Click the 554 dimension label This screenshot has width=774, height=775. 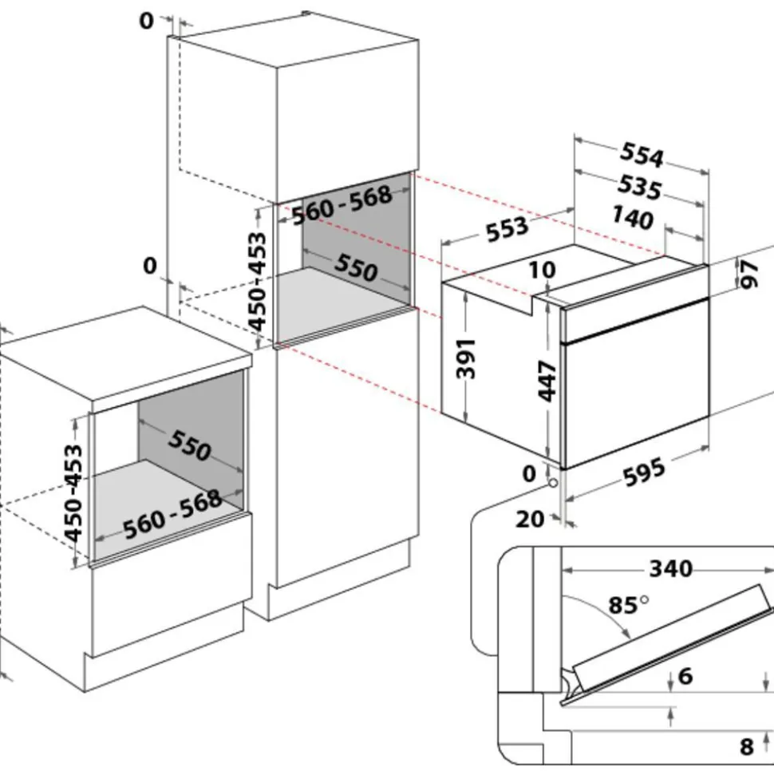click(641, 156)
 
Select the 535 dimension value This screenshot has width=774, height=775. click(639, 188)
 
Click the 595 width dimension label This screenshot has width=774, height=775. click(644, 472)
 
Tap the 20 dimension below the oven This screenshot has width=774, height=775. click(530, 519)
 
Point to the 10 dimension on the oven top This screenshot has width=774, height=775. click(542, 270)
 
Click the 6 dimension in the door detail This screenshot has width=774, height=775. click(685, 677)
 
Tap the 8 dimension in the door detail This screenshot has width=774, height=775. click(747, 746)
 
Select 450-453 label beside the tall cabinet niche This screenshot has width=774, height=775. click(257, 281)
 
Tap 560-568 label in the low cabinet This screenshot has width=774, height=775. click(172, 512)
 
